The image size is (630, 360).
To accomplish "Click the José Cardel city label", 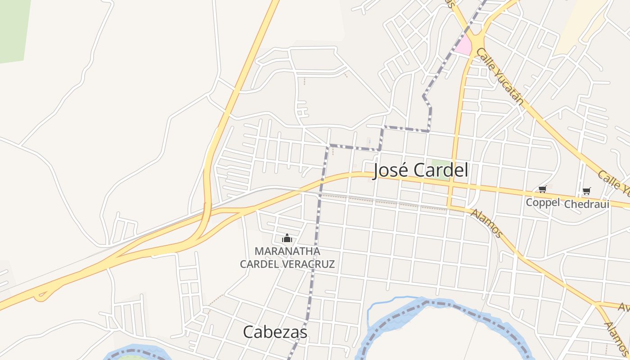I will pyautogui.click(x=421, y=171).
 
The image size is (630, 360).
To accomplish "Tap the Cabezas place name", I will pyautogui.click(x=275, y=332).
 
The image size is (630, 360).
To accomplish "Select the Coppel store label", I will pyautogui.click(x=542, y=202).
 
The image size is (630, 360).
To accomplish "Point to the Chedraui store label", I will pyautogui.click(x=586, y=204).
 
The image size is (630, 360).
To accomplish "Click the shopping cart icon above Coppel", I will pyautogui.click(x=542, y=190).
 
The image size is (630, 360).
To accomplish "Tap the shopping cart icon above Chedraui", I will pyautogui.click(x=586, y=191).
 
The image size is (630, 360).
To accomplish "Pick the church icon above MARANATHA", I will pyautogui.click(x=287, y=238).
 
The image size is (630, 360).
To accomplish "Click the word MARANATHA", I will pyautogui.click(x=287, y=251).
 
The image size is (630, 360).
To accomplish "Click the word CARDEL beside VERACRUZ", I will pyautogui.click(x=260, y=264).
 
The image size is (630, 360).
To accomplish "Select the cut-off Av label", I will pyautogui.click(x=624, y=307).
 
